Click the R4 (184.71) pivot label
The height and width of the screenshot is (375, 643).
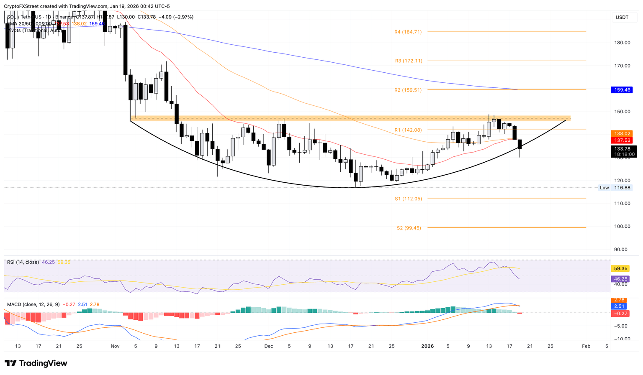[408, 32]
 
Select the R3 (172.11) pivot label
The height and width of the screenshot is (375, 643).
[409, 61]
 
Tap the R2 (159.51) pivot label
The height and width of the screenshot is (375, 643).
[408, 90]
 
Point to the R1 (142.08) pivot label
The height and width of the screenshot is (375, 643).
[408, 130]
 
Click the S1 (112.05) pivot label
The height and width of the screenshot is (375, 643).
[408, 199]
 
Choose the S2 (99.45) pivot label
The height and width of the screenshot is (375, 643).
[409, 228]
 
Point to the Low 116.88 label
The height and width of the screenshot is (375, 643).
[615, 188]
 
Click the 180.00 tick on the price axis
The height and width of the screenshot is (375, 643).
[622, 43]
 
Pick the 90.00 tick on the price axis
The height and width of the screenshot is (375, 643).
[621, 250]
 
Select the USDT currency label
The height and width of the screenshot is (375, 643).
[622, 17]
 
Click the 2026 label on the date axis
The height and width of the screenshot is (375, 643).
[427, 346]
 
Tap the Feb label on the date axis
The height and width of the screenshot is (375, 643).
[586, 346]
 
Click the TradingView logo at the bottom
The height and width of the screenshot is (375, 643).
[36, 363]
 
